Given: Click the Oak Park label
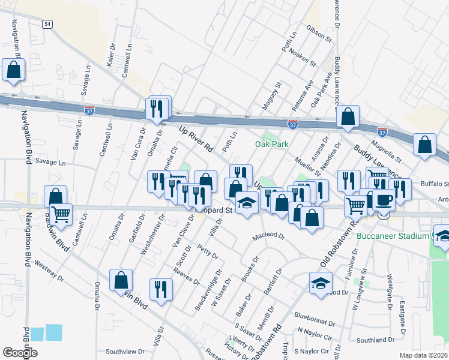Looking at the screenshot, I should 271,144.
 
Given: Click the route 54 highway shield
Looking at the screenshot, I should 47,23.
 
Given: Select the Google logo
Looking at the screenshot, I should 20,352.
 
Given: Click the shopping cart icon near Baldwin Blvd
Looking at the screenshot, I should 61,214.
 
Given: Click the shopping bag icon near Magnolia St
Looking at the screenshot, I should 424,145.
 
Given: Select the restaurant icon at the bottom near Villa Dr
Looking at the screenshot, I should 160,290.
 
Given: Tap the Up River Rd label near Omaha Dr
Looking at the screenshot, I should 196,138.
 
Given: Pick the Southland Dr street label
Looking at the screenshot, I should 373,340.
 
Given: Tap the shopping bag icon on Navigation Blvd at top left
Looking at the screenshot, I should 13,70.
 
